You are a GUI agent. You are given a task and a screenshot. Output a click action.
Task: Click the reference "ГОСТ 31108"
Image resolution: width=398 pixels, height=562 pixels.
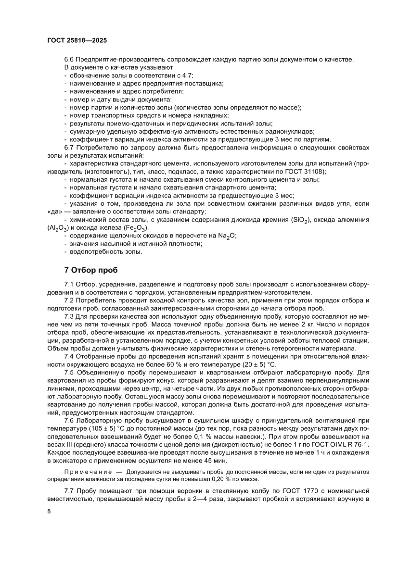307,171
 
